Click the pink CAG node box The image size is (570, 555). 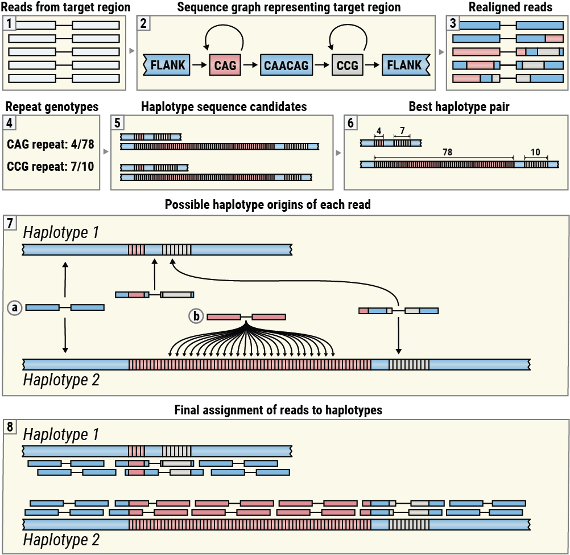[x=225, y=65]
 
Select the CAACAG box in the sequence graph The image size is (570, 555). [x=286, y=65]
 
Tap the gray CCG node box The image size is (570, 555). [x=347, y=65]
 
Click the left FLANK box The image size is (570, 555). [x=167, y=65]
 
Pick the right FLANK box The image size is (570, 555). [x=404, y=65]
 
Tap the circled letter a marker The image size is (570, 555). [x=15, y=307]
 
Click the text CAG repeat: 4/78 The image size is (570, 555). [x=51, y=144]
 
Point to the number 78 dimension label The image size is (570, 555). [x=443, y=153]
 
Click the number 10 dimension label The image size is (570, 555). [x=535, y=153]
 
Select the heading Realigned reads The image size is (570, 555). [x=510, y=7]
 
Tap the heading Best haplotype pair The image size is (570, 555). [x=456, y=106]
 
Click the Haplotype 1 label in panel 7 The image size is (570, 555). [x=61, y=233]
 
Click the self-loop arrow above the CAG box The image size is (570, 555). [x=225, y=37]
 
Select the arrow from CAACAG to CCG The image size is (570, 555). [x=321, y=65]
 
